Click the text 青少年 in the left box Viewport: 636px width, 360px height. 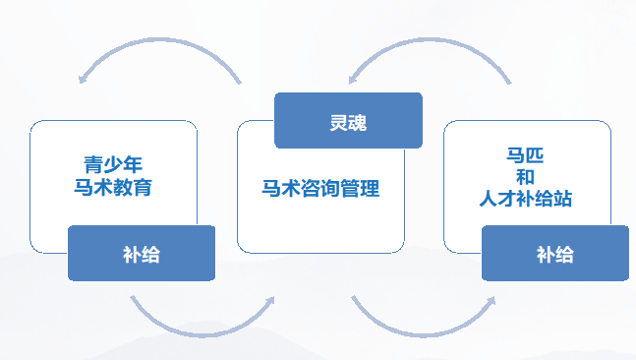(x=115, y=162)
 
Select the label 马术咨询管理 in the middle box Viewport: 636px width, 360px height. (x=320, y=189)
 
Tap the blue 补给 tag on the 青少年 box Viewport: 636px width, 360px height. (x=141, y=254)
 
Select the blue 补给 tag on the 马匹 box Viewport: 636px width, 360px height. (x=554, y=254)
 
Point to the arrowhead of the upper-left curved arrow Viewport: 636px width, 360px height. (x=86, y=77)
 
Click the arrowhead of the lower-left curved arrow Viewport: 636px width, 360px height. (x=267, y=303)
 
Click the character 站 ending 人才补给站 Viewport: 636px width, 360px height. (x=562, y=199)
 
